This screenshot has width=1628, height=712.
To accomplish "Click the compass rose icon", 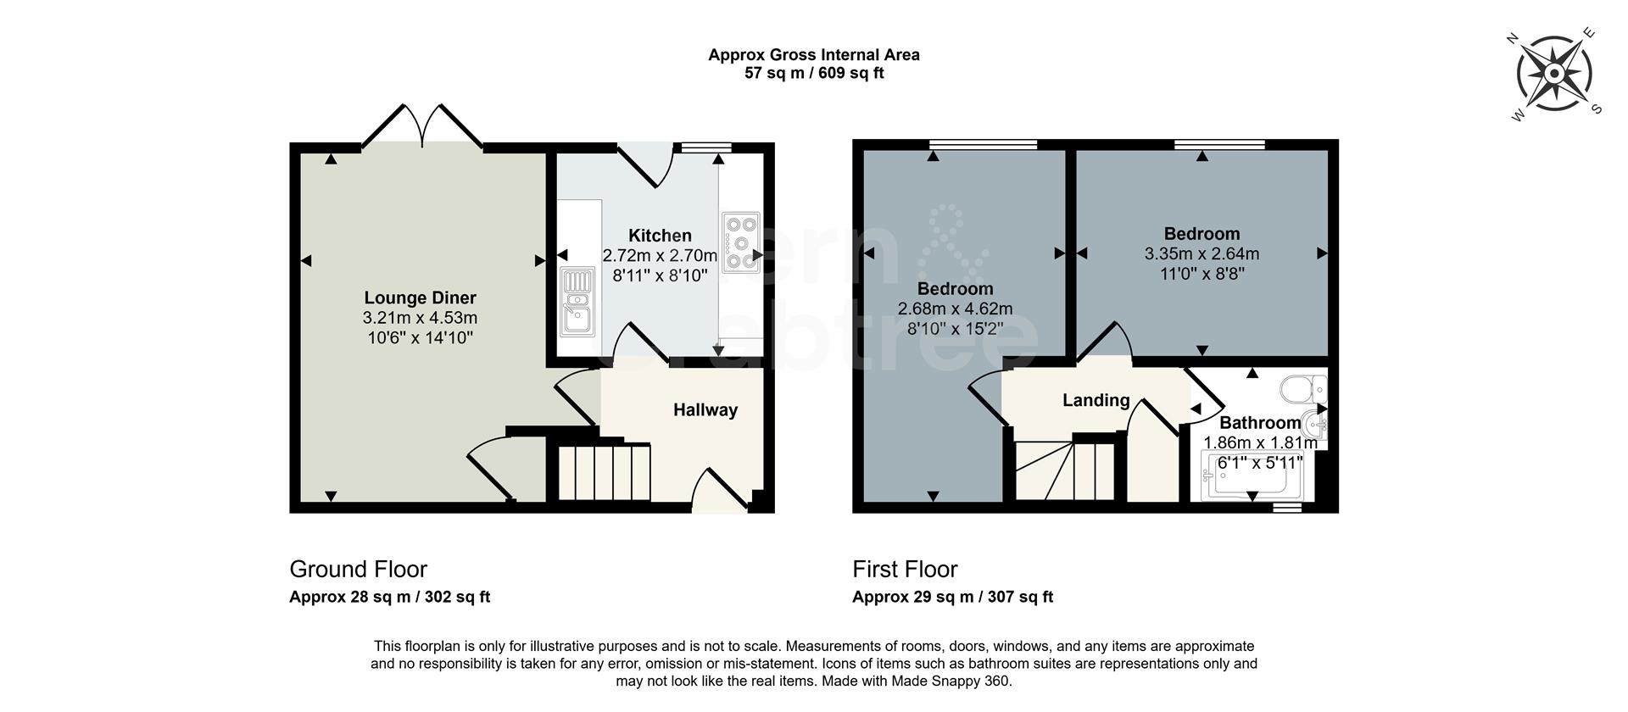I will coord(1553,75).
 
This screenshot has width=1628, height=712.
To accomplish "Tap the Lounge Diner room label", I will coord(420,298).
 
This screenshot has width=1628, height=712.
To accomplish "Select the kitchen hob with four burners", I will coord(740,242).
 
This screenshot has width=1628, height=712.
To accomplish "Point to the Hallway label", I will coord(705,410).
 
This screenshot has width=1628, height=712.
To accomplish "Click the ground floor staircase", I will coord(604,471).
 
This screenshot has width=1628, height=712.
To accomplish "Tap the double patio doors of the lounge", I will coord(421,127).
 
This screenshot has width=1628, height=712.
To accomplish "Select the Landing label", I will coord(1096,400).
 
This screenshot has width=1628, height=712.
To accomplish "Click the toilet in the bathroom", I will coord(1302,390).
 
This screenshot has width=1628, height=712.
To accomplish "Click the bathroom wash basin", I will coord(1317,421).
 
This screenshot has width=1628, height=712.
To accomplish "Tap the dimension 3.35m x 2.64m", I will coord(1201,253).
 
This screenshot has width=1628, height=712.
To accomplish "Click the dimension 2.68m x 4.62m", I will coord(955,309).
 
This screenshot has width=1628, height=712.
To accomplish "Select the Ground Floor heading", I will coord(358,569).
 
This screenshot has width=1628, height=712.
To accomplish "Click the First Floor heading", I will coord(904,569).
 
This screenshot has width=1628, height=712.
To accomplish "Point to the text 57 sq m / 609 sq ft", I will coord(813,74).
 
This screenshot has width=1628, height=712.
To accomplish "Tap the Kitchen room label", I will coord(659,236).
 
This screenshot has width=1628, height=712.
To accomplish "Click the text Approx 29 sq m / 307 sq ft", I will coord(952,597).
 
